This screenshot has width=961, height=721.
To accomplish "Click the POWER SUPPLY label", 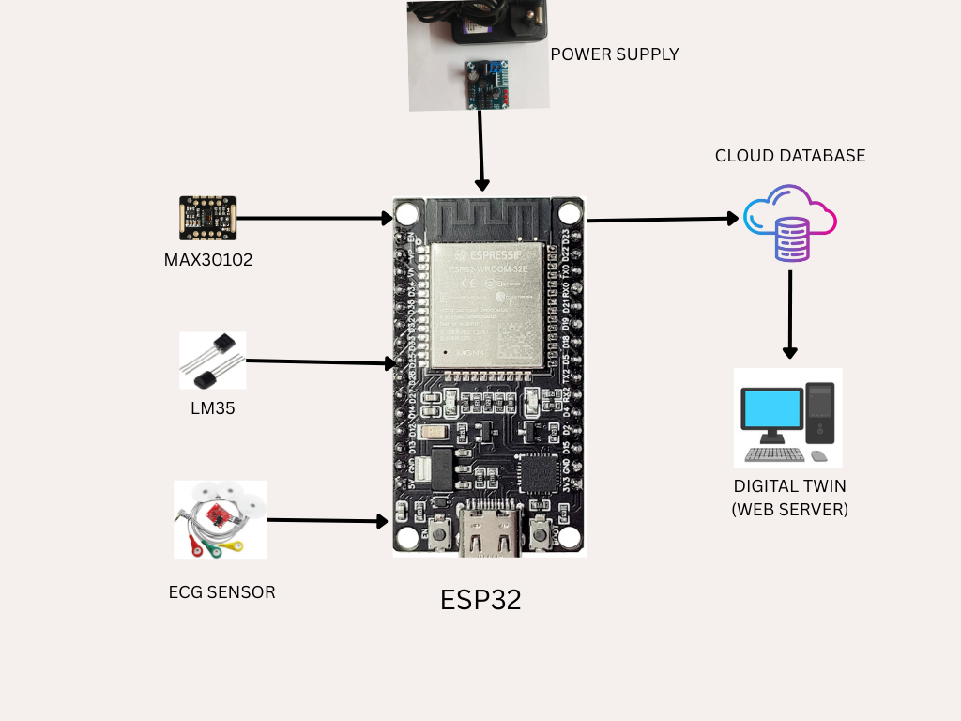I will click(x=614, y=54).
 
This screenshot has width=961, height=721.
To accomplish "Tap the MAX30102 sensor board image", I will click(x=208, y=218).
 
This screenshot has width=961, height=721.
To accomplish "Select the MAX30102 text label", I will click(x=208, y=258).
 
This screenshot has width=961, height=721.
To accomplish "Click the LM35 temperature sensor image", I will click(x=212, y=360).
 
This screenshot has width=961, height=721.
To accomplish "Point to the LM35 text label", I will click(x=212, y=408).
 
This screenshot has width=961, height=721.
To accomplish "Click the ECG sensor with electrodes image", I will click(x=220, y=519).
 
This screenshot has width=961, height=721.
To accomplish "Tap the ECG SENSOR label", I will click(x=221, y=592).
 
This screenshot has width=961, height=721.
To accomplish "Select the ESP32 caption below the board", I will click(x=480, y=600).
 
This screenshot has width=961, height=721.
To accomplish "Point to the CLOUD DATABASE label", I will click(x=790, y=156).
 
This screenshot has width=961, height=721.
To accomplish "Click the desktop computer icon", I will click(x=788, y=418).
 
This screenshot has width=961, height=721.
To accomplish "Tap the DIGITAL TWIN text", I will click(x=789, y=486).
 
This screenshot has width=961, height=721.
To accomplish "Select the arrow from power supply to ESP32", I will click(x=481, y=150).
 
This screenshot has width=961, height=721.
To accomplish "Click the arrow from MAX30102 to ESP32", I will click(x=314, y=219).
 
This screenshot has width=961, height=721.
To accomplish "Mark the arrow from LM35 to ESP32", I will click(x=319, y=361).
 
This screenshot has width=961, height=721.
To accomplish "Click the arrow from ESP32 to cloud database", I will click(x=662, y=220).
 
